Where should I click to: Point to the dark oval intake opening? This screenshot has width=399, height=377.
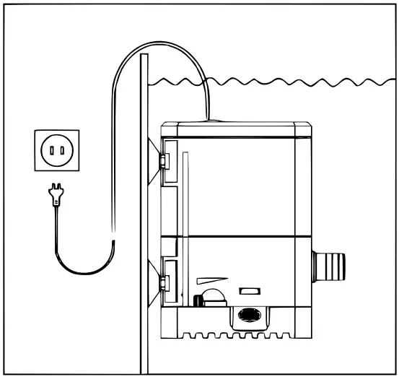click(x=248, y=316)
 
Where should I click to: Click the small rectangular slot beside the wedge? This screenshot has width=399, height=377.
click(x=249, y=291)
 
